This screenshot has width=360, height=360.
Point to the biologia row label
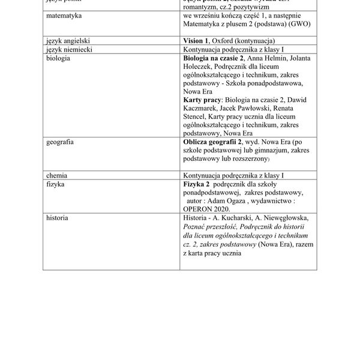click(x=59, y=58)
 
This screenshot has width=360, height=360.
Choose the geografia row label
click(x=61, y=142)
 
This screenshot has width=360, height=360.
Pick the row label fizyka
click(x=56, y=184)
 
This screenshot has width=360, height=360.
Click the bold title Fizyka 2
click(x=196, y=184)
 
